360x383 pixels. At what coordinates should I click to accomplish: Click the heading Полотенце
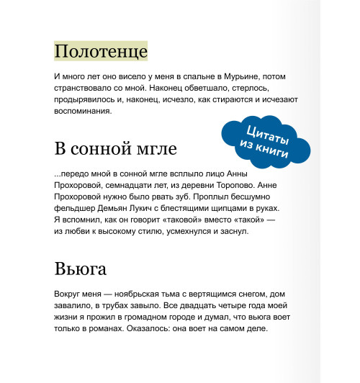pos(101,52)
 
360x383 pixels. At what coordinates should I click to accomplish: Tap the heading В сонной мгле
pos(115,149)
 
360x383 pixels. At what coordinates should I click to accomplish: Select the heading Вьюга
pos(81,269)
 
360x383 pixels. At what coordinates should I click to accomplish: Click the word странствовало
pos(88,88)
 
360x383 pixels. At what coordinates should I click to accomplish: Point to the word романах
pos(117,328)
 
